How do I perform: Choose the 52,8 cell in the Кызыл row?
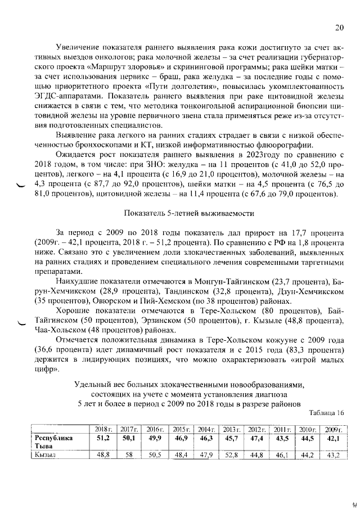pos(232,455)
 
